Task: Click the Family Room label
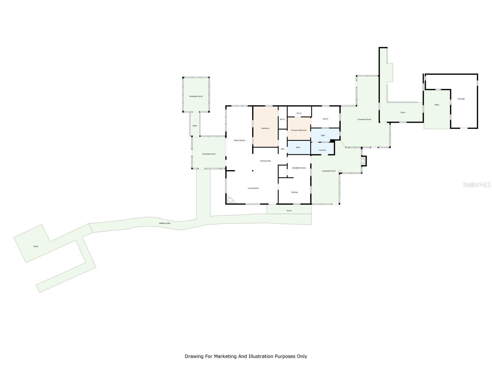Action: pyautogui.click(x=239, y=141)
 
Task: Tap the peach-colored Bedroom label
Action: pyautogui.click(x=265, y=128)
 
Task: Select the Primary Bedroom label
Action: pyautogui.click(x=299, y=130)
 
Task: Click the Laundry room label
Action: pyautogui.click(x=322, y=150)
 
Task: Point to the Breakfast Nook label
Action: pyautogui.click(x=299, y=168)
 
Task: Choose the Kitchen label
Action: pyautogui.click(x=295, y=192)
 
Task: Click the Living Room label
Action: pyautogui.click(x=253, y=188)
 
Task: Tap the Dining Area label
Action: pyautogui.click(x=265, y=161)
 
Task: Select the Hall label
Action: pyautogui.click(x=282, y=149)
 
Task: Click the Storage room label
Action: pyautogui.click(x=461, y=99)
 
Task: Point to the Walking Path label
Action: pyautogui.click(x=165, y=223)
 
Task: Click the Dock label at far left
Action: pyautogui.click(x=36, y=246)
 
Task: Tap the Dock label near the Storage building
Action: pyautogui.click(x=403, y=113)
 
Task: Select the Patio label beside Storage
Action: pyautogui.click(x=437, y=105)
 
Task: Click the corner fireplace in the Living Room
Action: pyautogui.click(x=230, y=200)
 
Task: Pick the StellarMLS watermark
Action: pyautogui.click(x=477, y=185)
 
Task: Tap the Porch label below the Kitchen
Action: pyautogui.click(x=289, y=211)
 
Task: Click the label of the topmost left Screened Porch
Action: pyautogui.click(x=196, y=96)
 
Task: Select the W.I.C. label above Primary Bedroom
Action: pyautogui.click(x=299, y=113)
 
